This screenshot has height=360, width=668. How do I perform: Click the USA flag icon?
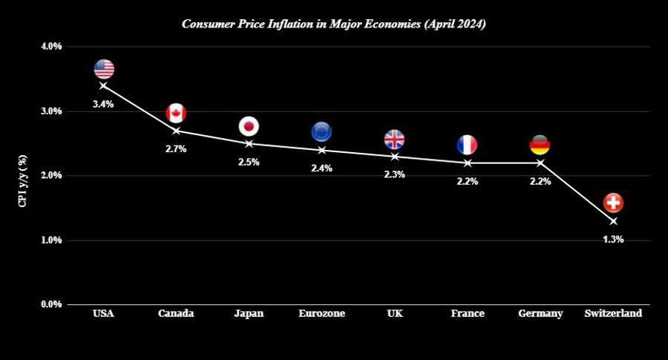(x=104, y=69)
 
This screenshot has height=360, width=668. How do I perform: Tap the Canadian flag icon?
(x=176, y=113)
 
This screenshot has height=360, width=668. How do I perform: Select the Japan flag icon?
(x=249, y=125)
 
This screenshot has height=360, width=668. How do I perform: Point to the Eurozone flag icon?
(x=321, y=132)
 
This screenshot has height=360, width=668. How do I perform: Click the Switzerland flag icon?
(x=613, y=203)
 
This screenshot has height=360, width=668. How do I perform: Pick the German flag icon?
(x=540, y=145)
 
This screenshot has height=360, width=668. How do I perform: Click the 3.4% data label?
(x=103, y=105)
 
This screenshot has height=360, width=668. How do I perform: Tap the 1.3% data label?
(x=613, y=240)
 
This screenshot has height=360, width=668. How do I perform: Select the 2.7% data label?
(x=176, y=149)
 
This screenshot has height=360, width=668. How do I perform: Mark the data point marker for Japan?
(x=249, y=143)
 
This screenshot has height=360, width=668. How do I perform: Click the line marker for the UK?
(x=394, y=157)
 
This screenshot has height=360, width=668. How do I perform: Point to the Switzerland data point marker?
(x=613, y=221)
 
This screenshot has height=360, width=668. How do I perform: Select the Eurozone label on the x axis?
(x=321, y=314)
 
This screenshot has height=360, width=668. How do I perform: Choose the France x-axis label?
(x=468, y=314)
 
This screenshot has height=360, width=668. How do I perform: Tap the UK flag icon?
(x=394, y=139)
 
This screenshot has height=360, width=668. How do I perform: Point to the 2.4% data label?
(x=321, y=168)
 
